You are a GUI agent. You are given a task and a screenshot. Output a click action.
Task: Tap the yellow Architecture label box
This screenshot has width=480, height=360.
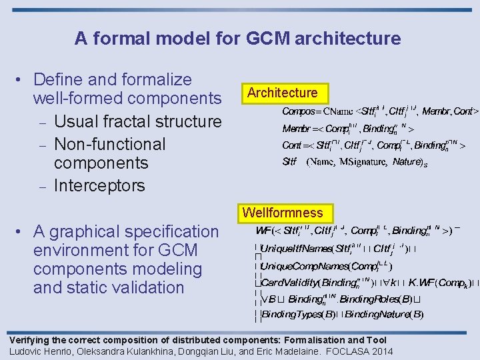tap(283, 93)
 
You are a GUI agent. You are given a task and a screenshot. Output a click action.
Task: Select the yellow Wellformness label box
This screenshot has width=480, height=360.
tap(283, 213)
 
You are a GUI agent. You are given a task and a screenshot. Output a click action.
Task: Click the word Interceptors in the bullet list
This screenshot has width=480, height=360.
tap(99, 185)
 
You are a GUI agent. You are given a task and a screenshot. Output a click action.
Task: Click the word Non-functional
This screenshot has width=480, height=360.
tap(109, 144)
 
